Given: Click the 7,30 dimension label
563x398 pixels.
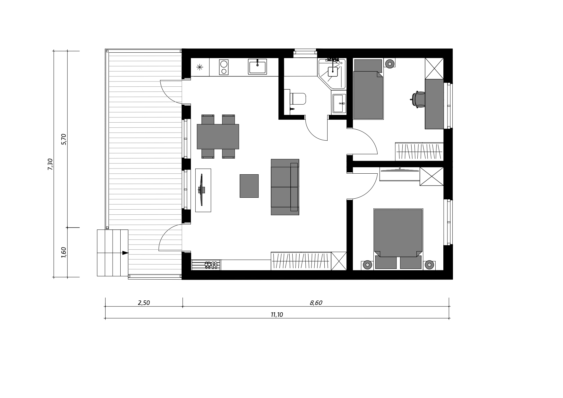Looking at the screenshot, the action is click(50, 164).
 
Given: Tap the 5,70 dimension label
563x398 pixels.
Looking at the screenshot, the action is click(64, 139).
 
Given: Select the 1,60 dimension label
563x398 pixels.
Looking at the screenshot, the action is click(64, 252).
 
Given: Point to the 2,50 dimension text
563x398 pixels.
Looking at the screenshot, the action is click(144, 303).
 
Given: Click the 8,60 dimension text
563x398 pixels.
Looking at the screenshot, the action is click(316, 303).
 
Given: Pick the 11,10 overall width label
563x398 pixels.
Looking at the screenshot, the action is click(277, 315).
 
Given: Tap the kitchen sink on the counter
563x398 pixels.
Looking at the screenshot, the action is click(257, 67).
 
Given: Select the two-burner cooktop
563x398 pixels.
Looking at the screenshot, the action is click(224, 67).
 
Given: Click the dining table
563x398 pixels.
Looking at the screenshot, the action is click(218, 136).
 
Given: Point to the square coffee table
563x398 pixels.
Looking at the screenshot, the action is click(249, 186).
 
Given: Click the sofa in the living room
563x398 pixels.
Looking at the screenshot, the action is click(285, 187).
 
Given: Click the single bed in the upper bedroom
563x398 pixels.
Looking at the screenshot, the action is click(368, 90).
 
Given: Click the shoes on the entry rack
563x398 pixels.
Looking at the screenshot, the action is click(211, 265).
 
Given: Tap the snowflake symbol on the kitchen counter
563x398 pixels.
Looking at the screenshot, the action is click(200, 67).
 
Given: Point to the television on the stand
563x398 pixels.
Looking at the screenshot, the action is click(201, 190).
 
